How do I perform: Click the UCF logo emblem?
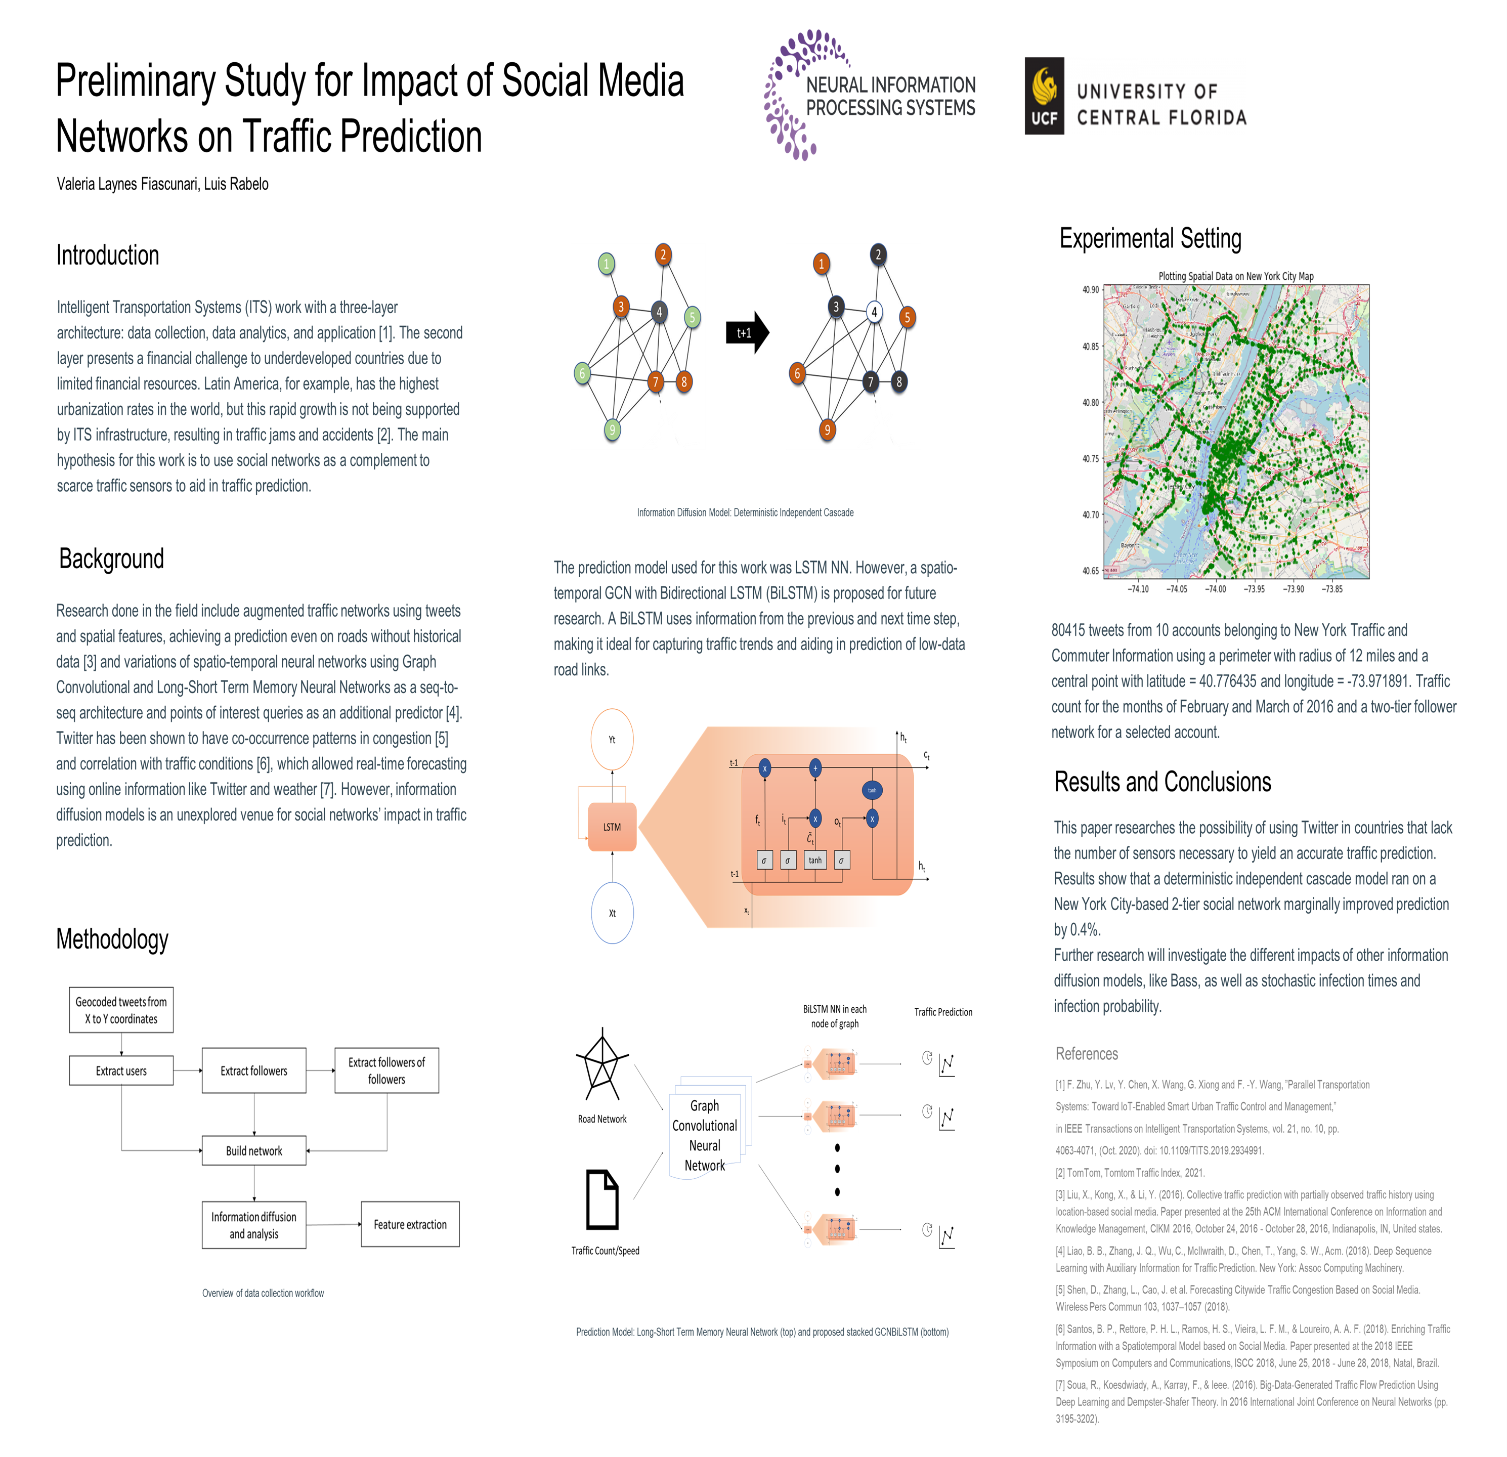1044,96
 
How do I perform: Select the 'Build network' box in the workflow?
254,1150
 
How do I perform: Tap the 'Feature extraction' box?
410,1224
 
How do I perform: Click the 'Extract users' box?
121,1070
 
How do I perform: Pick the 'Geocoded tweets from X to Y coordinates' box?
121,1009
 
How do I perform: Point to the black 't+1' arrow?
747,332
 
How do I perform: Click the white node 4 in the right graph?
874,312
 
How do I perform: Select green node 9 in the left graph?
612,430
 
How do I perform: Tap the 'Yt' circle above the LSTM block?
612,740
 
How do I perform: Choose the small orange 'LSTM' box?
612,827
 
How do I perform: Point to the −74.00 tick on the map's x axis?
1216,589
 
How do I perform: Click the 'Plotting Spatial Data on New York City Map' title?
1235,276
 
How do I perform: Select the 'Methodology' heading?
112,939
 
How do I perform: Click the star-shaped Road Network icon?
602,1065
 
